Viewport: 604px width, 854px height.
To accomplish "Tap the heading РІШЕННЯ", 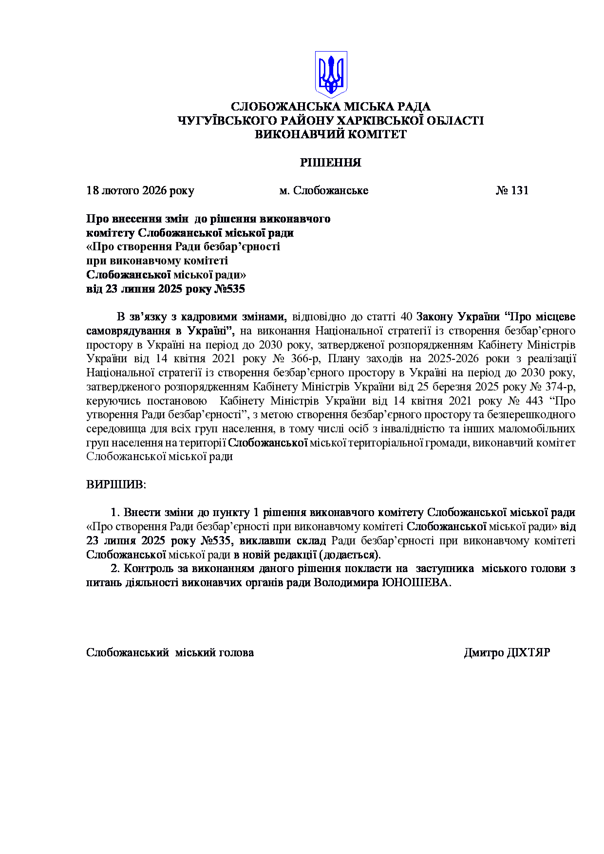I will [330, 163].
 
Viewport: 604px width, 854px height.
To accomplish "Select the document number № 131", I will [512, 190].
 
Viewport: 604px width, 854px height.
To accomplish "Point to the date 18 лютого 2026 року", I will [140, 190].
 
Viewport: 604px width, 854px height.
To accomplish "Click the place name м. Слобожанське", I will [323, 190].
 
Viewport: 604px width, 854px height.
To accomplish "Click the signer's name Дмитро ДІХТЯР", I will [507, 652].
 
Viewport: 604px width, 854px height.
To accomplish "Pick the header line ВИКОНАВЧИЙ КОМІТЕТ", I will [330, 134].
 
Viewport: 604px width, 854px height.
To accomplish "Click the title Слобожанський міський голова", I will [170, 652].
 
